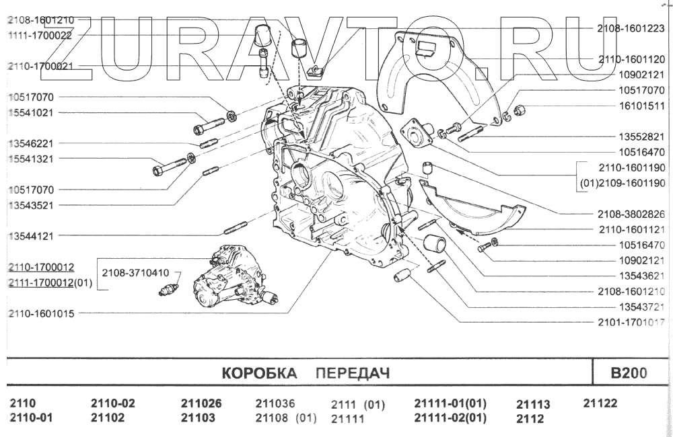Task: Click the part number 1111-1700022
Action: pyautogui.click(x=40, y=35)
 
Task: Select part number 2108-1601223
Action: pyautogui.click(x=631, y=28)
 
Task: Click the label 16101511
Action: pyautogui.click(x=641, y=106)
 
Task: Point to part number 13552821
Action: pyautogui.click(x=641, y=136)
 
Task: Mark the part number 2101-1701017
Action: pyautogui.click(x=631, y=323)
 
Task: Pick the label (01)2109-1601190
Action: pyautogui.click(x=623, y=183)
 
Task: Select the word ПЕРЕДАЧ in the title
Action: pyautogui.click(x=353, y=373)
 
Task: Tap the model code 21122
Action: pyautogui.click(x=600, y=403)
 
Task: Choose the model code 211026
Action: pyautogui.click(x=201, y=404)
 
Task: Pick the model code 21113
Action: pyautogui.click(x=533, y=405)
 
